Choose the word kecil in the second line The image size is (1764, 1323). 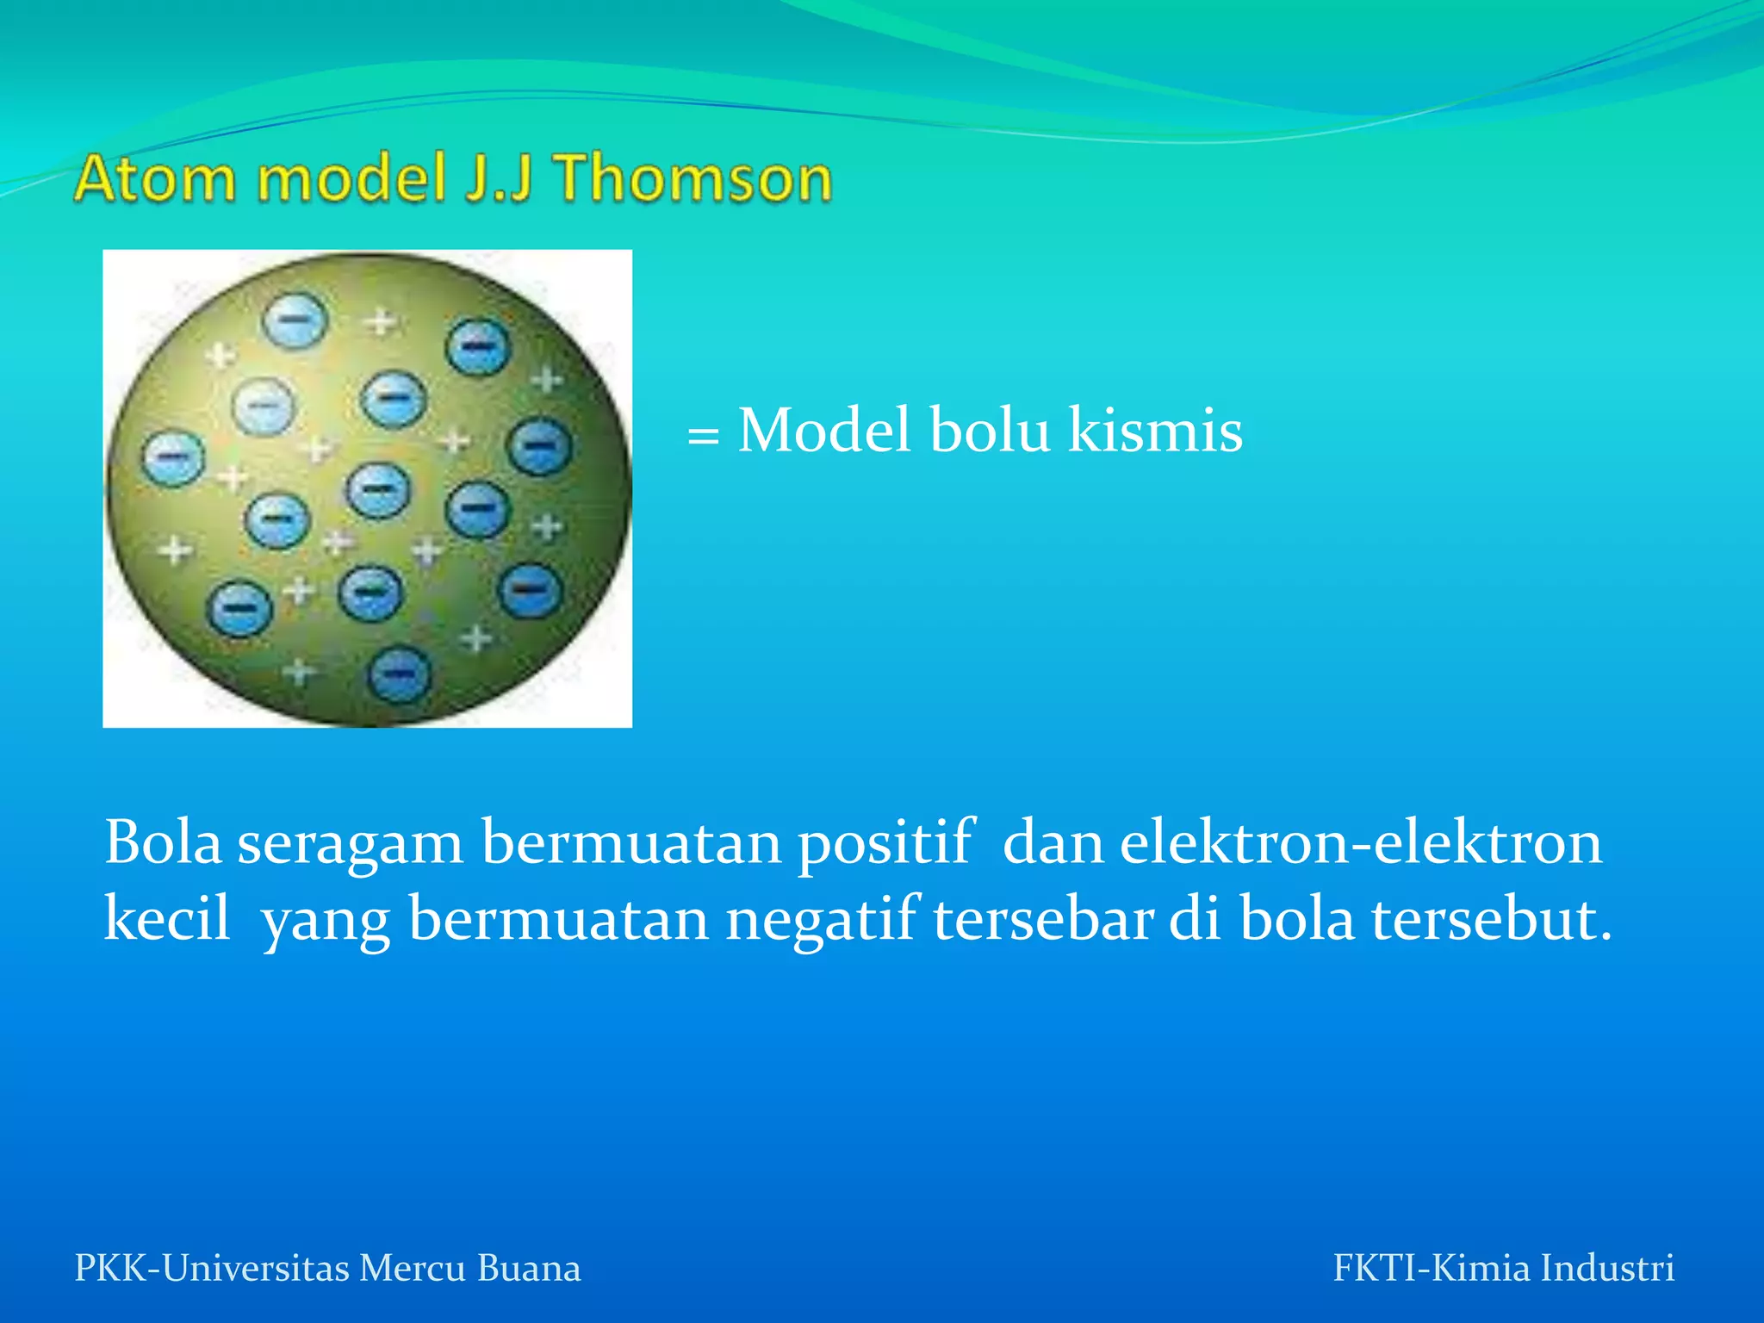click(167, 918)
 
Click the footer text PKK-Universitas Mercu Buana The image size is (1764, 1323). click(327, 1268)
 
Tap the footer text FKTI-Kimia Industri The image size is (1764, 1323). click(1503, 1268)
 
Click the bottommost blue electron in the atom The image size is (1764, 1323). click(399, 674)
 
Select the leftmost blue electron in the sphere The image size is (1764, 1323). click(173, 457)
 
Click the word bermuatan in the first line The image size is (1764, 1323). click(630, 842)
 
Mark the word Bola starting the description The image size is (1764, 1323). click(163, 842)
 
